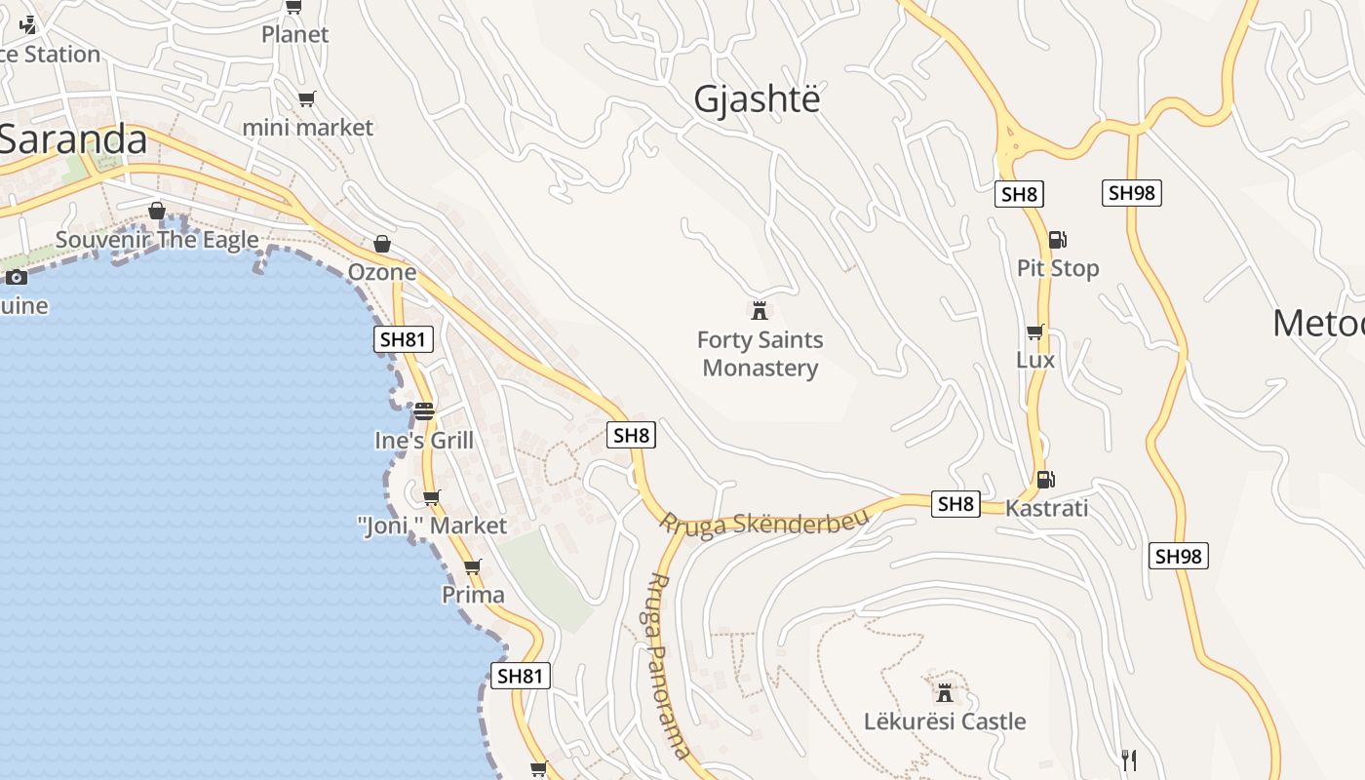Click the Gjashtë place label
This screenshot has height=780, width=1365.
pos(757,98)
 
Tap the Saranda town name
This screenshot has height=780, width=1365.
pos(73,139)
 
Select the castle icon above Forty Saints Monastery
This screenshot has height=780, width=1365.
pos(759,311)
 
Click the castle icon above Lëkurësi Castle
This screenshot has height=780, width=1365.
pos(944,692)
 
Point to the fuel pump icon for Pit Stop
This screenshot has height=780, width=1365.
pos(1057,239)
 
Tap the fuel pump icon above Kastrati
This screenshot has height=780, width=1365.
pos(1045,479)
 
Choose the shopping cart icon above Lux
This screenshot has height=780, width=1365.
pos(1034,331)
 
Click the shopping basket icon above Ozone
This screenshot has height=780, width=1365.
pos(382,244)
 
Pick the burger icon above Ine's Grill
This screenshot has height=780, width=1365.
pos(423,411)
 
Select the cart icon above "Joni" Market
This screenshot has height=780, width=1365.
pos(432,497)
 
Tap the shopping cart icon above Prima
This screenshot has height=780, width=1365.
pos(473,566)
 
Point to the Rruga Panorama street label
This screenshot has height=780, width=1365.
pos(668,665)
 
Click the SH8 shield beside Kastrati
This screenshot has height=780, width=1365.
pos(955,504)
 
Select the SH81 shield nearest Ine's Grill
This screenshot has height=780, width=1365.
pos(404,339)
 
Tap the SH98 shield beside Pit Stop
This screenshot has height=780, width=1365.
pos(1132,193)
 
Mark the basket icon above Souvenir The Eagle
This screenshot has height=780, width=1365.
pos(156,211)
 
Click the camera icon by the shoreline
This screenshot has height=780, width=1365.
pos(16,278)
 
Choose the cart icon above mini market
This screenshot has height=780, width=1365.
pos(306,98)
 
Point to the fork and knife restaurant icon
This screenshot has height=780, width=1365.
pos(1128,760)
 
